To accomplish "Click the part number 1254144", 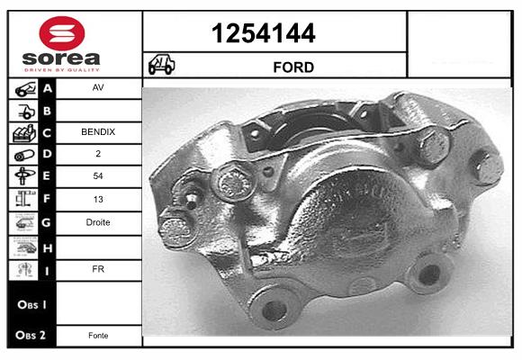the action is pyautogui.click(x=264, y=33).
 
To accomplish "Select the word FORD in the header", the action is pyautogui.click(x=293, y=67).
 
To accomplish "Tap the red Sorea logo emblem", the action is pyautogui.click(x=62, y=33).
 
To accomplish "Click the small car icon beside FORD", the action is pyautogui.click(x=161, y=64).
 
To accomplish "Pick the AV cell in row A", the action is pyautogui.click(x=98, y=87).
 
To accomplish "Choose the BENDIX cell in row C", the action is pyautogui.click(x=98, y=132).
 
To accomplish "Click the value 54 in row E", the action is pyautogui.click(x=98, y=175).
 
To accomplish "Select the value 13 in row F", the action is pyautogui.click(x=98, y=199).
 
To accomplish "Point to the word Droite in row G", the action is pyautogui.click(x=98, y=222).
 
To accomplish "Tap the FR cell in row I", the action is pyautogui.click(x=98, y=269).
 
